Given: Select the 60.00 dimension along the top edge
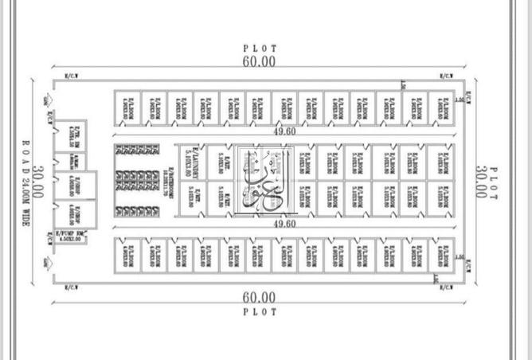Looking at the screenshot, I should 260,61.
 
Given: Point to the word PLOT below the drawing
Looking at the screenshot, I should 260,312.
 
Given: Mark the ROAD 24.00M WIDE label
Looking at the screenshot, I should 25,182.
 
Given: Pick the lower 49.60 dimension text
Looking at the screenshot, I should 284,225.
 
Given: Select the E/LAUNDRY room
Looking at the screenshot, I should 189,161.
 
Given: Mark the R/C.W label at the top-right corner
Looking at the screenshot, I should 447,76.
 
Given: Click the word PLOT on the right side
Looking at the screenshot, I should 494,182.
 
